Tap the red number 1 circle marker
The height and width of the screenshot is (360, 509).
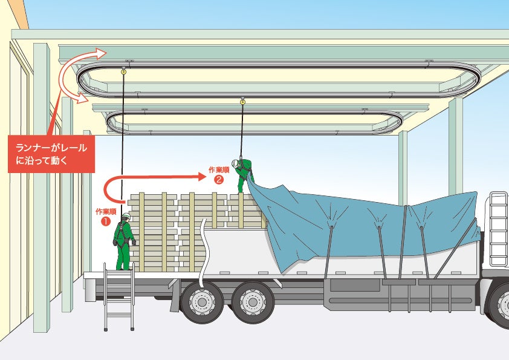tap(105, 221)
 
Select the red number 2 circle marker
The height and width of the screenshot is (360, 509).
tap(219, 179)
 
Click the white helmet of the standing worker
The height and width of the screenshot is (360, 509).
tap(126, 216)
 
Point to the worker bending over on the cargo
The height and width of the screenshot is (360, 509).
tap(244, 172)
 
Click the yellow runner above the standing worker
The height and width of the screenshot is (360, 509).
tap(124, 72)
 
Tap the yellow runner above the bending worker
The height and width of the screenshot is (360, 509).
tap(242, 102)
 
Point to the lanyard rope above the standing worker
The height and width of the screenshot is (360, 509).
tap(123, 139)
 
